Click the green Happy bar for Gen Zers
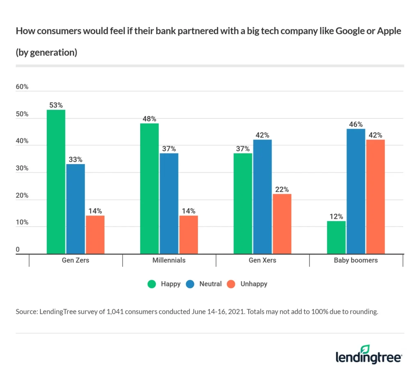coord(56,182)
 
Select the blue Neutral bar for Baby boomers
coord(355,191)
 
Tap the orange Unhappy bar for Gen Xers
coord(282,224)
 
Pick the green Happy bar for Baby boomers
coord(336,237)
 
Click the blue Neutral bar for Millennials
coord(169,203)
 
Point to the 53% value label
coord(56,105)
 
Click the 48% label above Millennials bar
coord(149,119)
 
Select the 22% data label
coord(282,190)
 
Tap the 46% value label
coord(355,124)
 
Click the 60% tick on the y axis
coord(22,87)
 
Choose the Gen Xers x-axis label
coord(262,260)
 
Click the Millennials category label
coord(169,260)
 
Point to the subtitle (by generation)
coord(46,53)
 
